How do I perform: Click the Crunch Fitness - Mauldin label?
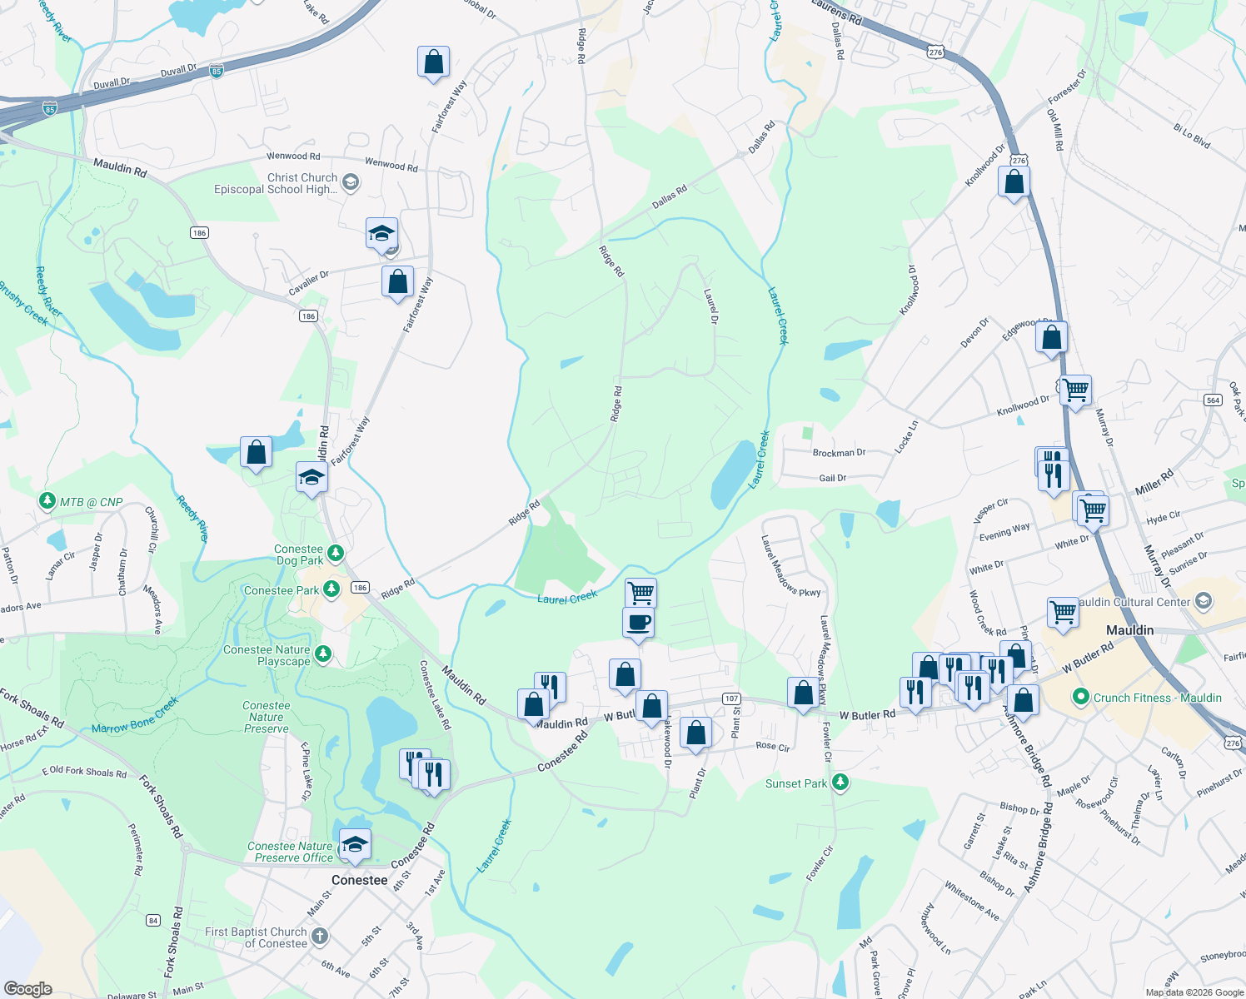coord(1157,698)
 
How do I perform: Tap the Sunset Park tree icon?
coord(840,783)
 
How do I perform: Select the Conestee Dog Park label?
coord(299,554)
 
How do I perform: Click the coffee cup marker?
coord(639,623)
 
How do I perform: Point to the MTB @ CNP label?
coord(91,502)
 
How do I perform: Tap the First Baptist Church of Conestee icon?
coord(319,937)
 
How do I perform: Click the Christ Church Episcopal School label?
coord(276,183)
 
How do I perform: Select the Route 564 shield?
coord(1213,400)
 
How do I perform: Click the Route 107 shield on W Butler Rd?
coord(730,698)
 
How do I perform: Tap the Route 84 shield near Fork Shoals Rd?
coord(153,920)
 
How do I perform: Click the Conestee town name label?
coord(359,880)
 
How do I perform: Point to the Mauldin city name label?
coord(1129,630)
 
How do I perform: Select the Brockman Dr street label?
coord(839,453)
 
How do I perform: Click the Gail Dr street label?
coord(832,478)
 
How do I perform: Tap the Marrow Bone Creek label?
coord(135,716)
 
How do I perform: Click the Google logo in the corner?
coord(27,989)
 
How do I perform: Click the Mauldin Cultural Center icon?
coord(1203,601)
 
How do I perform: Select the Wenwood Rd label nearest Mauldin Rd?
coord(292,156)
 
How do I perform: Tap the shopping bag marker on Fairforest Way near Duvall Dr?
coord(433,62)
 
